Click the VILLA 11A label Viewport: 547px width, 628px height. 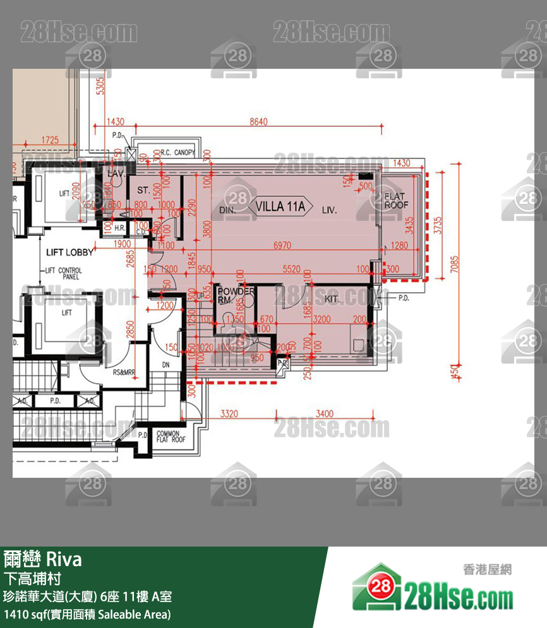pyautogui.click(x=280, y=206)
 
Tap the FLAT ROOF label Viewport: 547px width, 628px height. pyautogui.click(x=397, y=201)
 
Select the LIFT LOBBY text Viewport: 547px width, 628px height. pyautogui.click(x=69, y=252)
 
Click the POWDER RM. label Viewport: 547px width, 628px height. pyautogui.click(x=235, y=295)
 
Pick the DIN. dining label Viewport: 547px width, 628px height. pyautogui.click(x=228, y=210)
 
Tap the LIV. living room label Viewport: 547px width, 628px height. pyautogui.click(x=329, y=210)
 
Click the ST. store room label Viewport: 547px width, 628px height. pyautogui.click(x=143, y=189)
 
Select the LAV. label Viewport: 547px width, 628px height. pyautogui.click(x=116, y=173)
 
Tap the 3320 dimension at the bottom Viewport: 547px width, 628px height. pyautogui.click(x=229, y=414)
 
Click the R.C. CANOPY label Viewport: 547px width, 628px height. pyautogui.click(x=177, y=152)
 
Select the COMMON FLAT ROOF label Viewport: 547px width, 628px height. pyautogui.click(x=171, y=437)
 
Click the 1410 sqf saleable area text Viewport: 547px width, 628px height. pyautogui.click(x=87, y=614)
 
